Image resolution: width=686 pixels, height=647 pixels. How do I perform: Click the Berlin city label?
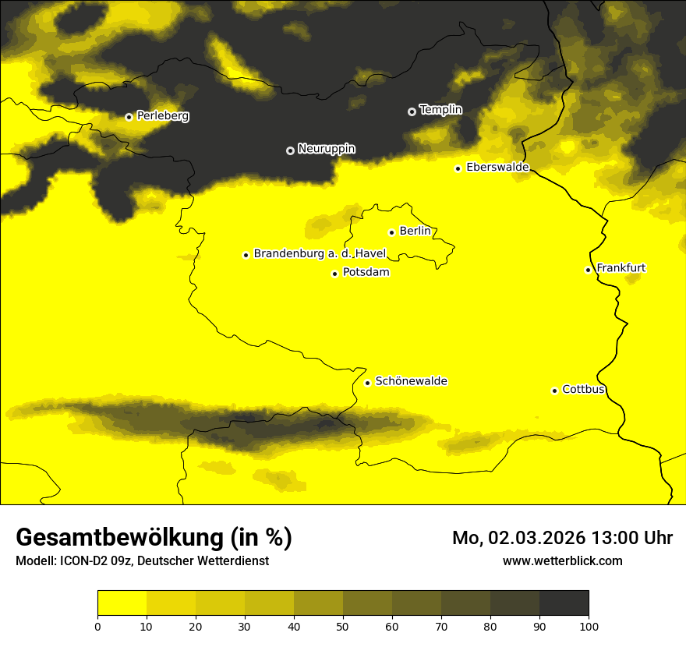415,232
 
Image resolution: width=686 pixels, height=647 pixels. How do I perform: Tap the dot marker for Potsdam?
334,274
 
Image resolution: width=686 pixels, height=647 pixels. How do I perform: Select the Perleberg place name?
162,116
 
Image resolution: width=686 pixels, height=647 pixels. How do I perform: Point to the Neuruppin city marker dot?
290,150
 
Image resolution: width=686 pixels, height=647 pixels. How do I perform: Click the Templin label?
440,110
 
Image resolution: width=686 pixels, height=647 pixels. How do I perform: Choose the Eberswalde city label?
497,168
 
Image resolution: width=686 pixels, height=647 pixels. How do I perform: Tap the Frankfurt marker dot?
588,270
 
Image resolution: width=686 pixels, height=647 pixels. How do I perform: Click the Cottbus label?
583,390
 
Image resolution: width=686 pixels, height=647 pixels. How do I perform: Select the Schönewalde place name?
411,381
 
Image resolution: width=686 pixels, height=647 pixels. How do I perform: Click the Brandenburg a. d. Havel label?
320,253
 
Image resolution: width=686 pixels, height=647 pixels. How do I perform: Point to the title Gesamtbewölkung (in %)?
154,538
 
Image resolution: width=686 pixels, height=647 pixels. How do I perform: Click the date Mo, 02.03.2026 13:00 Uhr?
562,538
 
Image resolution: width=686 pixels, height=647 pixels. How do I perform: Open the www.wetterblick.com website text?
562,560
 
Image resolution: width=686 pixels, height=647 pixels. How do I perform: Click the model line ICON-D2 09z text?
142,561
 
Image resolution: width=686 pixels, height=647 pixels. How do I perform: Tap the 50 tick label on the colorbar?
343,626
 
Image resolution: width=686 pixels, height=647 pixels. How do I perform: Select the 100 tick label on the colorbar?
589,626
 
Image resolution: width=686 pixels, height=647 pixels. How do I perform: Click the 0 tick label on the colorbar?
97,626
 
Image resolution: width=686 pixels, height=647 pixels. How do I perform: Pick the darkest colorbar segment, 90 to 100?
564,603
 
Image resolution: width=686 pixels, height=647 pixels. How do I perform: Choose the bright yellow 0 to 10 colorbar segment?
122,603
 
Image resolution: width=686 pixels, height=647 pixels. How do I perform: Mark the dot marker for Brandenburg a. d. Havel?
246,255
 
